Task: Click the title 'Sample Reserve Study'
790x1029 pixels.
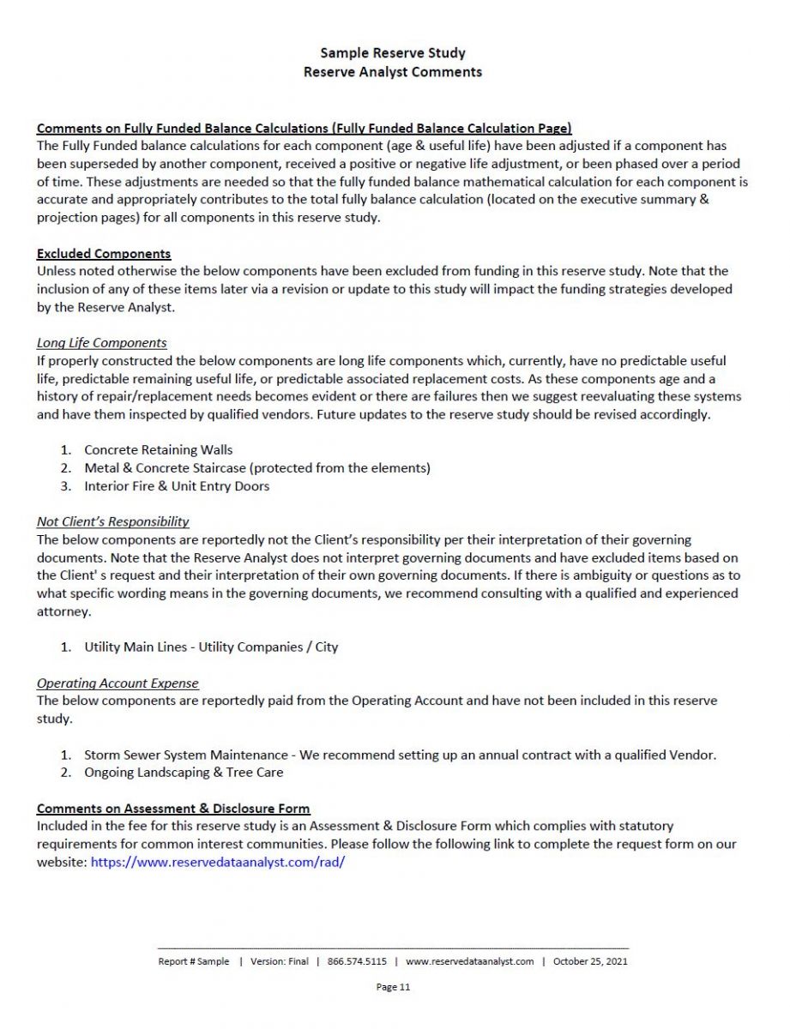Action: [x=393, y=54]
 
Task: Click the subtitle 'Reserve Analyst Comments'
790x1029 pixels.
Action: [x=393, y=72]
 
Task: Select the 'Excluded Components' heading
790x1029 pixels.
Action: [x=104, y=254]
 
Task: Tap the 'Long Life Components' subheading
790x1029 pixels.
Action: [x=101, y=343]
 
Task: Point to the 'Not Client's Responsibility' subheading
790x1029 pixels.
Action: [x=112, y=521]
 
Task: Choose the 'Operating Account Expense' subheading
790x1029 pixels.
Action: [x=118, y=683]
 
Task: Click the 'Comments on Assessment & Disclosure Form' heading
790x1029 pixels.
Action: [x=173, y=809]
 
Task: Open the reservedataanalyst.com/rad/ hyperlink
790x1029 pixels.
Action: [x=217, y=862]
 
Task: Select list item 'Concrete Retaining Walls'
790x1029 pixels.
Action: [x=158, y=450]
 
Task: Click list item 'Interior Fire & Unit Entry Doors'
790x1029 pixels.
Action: [x=177, y=486]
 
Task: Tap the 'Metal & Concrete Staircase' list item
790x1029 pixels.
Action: [x=256, y=468]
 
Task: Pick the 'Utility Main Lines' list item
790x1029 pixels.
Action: [x=211, y=647]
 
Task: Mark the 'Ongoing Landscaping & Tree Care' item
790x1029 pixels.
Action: [x=184, y=773]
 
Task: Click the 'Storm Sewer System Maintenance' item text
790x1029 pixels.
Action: [x=186, y=755]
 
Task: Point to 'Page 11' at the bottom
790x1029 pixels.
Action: [x=393, y=987]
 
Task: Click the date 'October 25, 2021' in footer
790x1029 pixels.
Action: [x=590, y=961]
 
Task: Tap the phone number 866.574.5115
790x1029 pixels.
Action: [x=357, y=961]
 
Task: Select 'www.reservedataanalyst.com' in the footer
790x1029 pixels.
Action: [x=470, y=961]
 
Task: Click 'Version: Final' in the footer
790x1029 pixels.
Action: [x=280, y=961]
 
